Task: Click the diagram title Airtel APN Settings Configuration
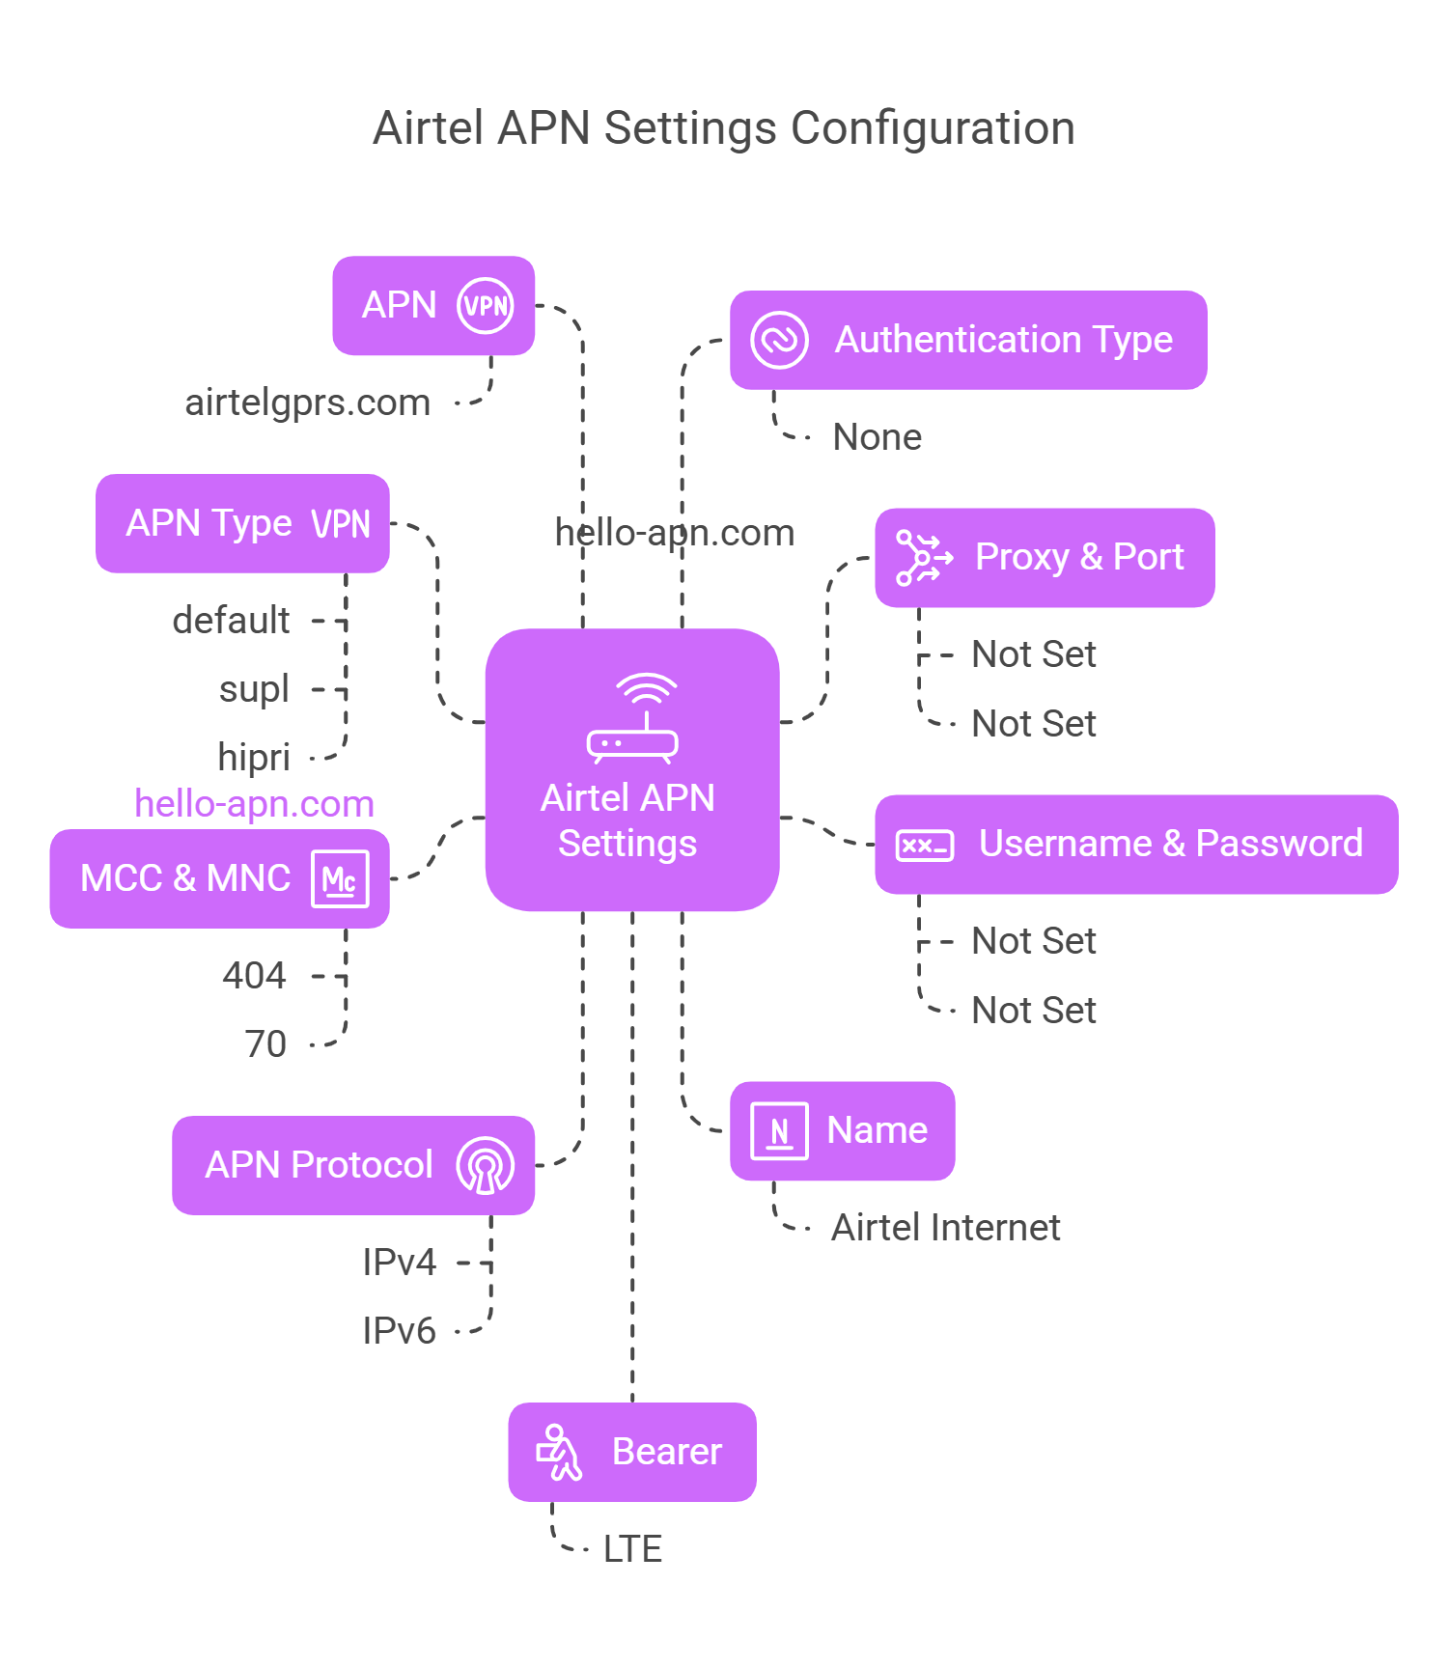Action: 724,128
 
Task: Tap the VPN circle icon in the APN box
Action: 485,306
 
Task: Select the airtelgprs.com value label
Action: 307,403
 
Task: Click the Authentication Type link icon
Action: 779,340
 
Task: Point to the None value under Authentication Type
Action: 877,437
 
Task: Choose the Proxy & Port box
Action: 1045,558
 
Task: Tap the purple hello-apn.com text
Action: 254,804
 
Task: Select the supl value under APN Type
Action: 254,689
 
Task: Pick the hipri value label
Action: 254,758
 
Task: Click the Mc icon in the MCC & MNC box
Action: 340,879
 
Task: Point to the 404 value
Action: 254,976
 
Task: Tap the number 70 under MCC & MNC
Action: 265,1044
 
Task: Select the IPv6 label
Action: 399,1331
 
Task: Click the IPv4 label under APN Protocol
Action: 399,1263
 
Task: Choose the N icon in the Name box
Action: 779,1130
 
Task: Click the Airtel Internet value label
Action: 945,1228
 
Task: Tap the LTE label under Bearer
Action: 632,1549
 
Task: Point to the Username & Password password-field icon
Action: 924,846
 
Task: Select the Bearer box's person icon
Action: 559,1452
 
